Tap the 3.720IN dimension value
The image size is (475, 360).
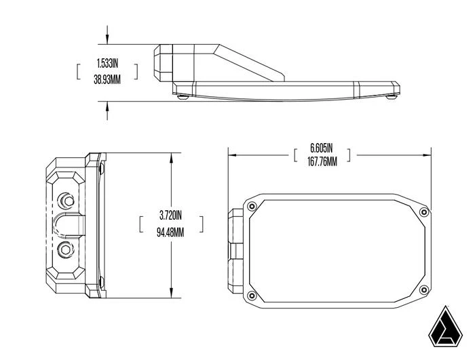coord(171,216)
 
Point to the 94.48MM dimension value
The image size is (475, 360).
coord(171,231)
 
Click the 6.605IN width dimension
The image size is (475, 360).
coord(322,147)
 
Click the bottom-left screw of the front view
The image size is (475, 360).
coord(252,294)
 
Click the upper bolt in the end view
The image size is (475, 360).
coord(66,200)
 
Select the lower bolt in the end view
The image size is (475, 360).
coord(66,248)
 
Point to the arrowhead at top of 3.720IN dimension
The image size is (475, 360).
coord(170,157)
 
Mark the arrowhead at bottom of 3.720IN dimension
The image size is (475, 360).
coord(170,294)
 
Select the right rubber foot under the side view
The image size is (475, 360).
coord(392,97)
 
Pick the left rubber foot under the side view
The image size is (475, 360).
coord(181,97)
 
